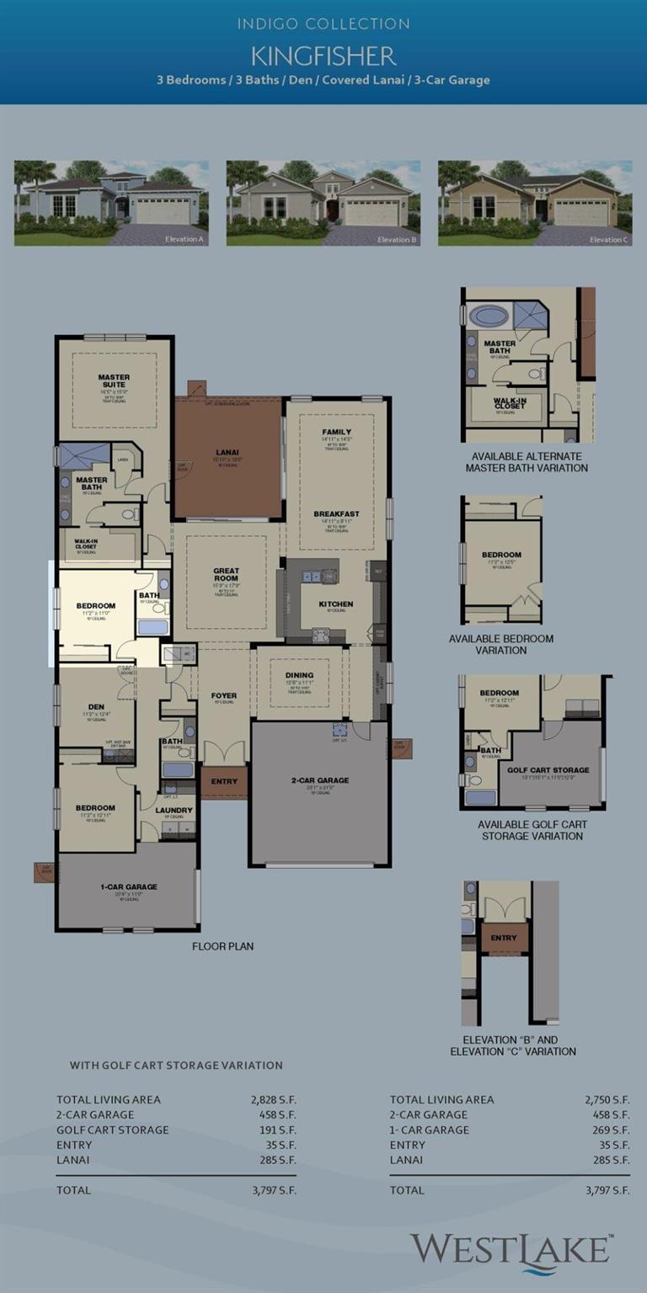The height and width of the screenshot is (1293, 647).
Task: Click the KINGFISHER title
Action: tap(323, 56)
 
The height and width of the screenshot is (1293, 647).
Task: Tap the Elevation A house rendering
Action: tap(111, 203)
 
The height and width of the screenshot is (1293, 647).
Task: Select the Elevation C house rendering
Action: tap(535, 203)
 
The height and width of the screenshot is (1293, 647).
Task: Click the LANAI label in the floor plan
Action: tap(228, 453)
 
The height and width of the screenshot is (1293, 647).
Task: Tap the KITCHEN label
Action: tap(335, 604)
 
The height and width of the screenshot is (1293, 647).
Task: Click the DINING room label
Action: tap(299, 675)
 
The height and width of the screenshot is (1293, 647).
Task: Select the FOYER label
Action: tap(224, 695)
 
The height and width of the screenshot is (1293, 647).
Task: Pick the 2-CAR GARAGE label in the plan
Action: tap(320, 780)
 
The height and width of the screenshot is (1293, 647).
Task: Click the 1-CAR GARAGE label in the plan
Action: tap(128, 886)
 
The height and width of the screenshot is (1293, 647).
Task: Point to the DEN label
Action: tap(95, 707)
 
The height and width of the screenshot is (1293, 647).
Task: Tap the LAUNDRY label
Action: tap(174, 811)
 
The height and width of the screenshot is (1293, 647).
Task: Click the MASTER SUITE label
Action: tap(114, 380)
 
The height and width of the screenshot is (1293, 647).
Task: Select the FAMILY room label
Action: tap(336, 432)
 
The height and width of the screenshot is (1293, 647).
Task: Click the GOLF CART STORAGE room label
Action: tap(548, 770)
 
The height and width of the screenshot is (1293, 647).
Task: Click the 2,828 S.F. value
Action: tap(274, 1099)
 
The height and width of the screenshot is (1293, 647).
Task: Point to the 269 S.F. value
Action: tap(609, 1130)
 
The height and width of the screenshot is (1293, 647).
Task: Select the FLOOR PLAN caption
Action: tap(222, 946)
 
